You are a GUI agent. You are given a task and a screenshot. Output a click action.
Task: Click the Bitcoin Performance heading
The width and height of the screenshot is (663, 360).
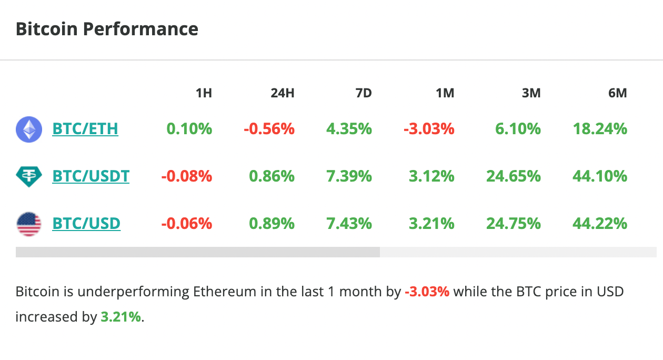click(x=107, y=29)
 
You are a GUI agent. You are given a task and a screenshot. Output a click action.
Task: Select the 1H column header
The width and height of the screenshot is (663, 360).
click(x=204, y=93)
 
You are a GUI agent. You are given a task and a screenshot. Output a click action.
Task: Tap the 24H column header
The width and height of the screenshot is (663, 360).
click(x=283, y=93)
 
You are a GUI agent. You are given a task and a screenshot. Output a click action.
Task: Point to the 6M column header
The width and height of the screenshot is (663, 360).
click(x=617, y=93)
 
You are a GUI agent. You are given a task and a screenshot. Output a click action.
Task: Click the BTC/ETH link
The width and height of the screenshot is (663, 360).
click(x=85, y=129)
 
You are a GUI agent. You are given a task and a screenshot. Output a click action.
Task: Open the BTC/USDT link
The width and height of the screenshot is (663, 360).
click(x=91, y=176)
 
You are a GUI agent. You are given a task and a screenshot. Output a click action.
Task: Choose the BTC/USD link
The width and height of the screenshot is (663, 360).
click(x=86, y=224)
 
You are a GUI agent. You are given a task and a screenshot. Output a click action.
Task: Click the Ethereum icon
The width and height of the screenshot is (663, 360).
click(x=29, y=129)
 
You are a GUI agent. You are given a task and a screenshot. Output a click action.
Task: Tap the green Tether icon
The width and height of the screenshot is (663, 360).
click(x=29, y=176)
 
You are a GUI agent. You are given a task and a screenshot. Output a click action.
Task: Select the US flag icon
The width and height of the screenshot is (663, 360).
click(x=29, y=224)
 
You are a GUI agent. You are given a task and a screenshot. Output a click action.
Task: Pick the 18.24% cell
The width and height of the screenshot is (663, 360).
click(x=600, y=129)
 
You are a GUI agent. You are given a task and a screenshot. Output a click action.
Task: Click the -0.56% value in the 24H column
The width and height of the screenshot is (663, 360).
click(x=269, y=129)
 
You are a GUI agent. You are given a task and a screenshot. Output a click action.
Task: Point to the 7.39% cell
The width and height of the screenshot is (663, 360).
click(x=349, y=176)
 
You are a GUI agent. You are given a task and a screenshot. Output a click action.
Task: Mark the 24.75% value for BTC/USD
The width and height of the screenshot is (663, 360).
click(x=514, y=224)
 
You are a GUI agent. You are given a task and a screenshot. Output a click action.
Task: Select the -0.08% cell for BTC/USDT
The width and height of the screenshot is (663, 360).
click(x=187, y=176)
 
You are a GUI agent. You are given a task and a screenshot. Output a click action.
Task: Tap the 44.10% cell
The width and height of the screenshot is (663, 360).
click(x=600, y=176)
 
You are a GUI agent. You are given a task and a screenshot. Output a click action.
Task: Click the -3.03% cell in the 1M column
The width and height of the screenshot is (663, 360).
click(x=429, y=129)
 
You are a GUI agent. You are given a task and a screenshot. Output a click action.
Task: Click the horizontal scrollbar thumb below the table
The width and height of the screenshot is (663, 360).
click(x=198, y=252)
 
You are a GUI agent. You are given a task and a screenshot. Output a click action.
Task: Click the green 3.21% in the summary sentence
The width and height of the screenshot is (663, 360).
click(x=120, y=317)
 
